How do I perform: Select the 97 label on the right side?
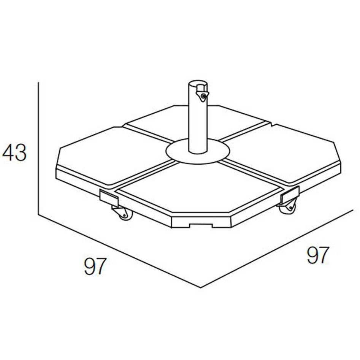click(x=317, y=255)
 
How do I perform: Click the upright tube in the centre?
click(x=198, y=122)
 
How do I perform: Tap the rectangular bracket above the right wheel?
click(x=290, y=196)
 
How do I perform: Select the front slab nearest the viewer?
click(x=190, y=190)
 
